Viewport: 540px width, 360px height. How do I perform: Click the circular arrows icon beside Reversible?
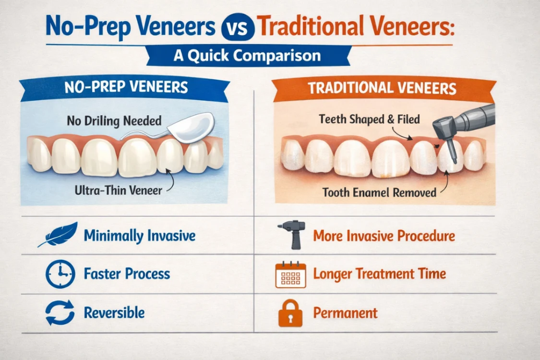coord(60,312)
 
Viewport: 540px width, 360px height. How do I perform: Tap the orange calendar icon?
coord(290,275)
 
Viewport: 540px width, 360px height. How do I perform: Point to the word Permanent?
coord(345,313)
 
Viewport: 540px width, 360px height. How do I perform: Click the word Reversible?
coord(114,313)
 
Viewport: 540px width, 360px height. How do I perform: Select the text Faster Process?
coord(127,274)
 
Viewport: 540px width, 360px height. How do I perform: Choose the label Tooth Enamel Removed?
coord(379,192)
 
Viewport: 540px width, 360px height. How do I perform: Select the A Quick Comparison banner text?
coord(247,55)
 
